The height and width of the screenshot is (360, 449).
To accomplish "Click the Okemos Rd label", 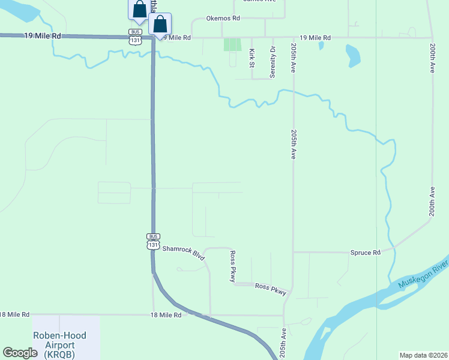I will [x=223, y=19].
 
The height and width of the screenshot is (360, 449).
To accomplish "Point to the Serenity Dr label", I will [x=273, y=62].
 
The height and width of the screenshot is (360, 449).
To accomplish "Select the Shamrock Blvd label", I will [x=184, y=251].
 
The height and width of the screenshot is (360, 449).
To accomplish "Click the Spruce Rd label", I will [x=365, y=253].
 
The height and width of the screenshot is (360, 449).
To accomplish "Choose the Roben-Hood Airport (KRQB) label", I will [x=59, y=345].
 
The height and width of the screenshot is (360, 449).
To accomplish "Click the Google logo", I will [x=20, y=353].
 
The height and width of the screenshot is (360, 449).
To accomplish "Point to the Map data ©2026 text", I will [x=423, y=355].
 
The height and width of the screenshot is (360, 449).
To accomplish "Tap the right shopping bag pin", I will [x=160, y=25].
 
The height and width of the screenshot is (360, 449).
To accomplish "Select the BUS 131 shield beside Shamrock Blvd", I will [x=153, y=241].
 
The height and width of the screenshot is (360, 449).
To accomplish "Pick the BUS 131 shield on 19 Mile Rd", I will [x=136, y=37].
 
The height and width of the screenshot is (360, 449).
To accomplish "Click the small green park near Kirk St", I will [x=232, y=44].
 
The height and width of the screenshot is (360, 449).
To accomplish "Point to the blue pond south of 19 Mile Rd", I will [x=353, y=56].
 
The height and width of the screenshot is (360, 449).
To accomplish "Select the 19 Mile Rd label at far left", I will [x=43, y=36].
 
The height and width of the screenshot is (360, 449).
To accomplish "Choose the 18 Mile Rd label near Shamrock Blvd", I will [x=165, y=314].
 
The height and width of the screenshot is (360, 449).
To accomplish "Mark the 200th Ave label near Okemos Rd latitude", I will [x=432, y=57].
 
